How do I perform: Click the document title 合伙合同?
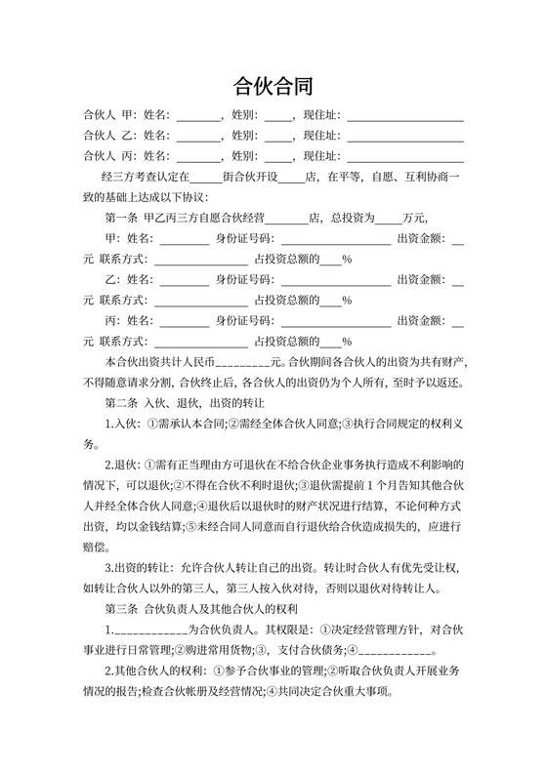tap(273, 85)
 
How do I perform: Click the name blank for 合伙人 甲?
tap(198, 114)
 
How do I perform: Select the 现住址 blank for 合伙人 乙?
tap(405, 135)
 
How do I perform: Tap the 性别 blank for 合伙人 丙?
tap(278, 156)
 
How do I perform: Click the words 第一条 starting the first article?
tap(121, 218)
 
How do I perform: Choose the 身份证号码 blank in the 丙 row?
tap(333, 320)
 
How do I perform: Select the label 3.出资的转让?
tap(136, 567)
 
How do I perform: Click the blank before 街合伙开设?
tap(206, 177)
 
